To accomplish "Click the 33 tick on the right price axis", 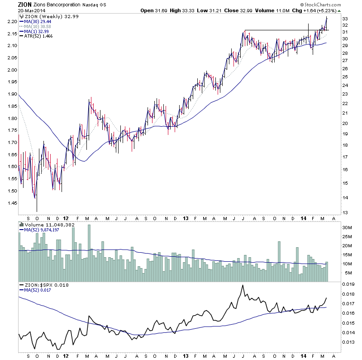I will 344,19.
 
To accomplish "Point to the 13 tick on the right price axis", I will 344,212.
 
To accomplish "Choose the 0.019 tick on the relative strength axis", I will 348,285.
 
